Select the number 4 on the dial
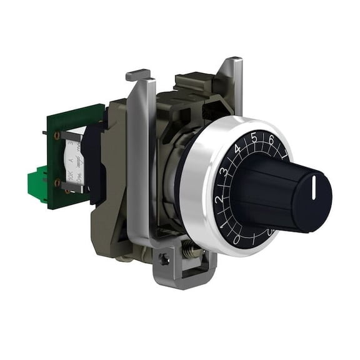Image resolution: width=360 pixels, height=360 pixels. pyautogui.click(x=238, y=149)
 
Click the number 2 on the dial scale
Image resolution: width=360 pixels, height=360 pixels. pyautogui.click(x=218, y=199)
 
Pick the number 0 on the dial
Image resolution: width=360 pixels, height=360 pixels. pyautogui.click(x=236, y=238)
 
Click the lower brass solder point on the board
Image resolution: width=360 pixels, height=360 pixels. pyautogui.click(x=57, y=182)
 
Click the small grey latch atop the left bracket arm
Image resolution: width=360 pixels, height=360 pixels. pyautogui.click(x=138, y=76)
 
